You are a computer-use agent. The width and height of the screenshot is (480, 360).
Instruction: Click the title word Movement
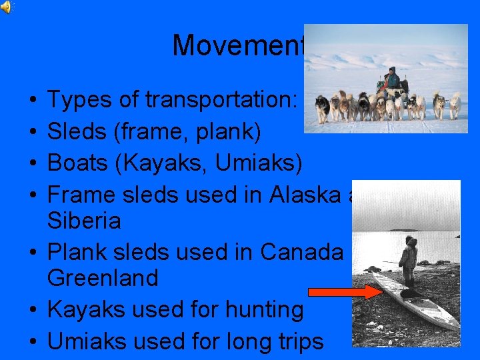(237, 45)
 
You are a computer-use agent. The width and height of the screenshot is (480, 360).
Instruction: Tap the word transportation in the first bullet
(221, 100)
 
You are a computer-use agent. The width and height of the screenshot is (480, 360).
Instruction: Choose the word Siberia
(84, 220)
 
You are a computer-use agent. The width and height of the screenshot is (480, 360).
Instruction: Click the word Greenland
(103, 277)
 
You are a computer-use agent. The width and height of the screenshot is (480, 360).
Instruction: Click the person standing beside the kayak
(407, 261)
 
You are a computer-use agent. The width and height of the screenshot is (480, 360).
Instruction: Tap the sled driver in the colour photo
(392, 79)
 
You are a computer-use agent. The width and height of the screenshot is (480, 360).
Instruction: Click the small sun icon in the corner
(6, 7)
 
